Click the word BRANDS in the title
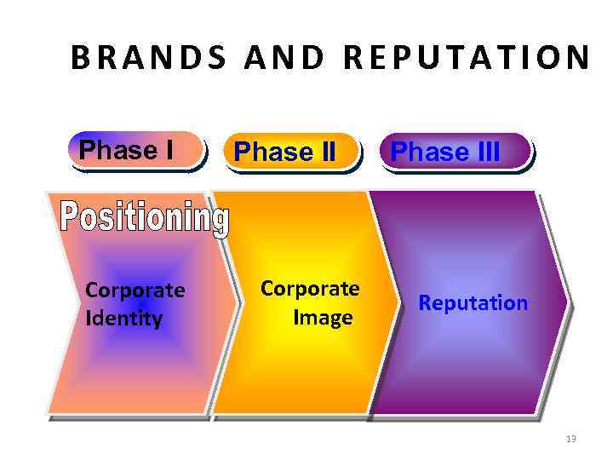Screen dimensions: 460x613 pos(149,57)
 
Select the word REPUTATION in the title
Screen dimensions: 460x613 pos(470,57)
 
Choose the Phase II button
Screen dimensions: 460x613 pos(285,152)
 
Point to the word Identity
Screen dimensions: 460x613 pos(123,319)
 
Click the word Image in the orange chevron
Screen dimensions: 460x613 pos(323,318)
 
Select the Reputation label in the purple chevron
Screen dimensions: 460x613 pos(473,303)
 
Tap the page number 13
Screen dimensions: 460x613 pos(570,439)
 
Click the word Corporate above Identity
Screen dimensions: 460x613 pos(135,290)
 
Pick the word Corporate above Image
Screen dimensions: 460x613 pos(310,289)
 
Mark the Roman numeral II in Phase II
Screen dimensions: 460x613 pos(324,152)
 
